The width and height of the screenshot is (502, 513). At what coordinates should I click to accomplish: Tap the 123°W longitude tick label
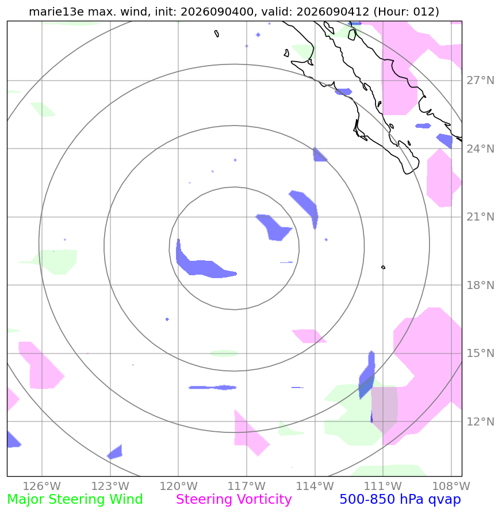[x=110, y=486]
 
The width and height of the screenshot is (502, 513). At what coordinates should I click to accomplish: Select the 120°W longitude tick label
[x=178, y=486]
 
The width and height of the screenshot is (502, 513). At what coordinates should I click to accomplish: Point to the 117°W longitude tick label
[x=247, y=486]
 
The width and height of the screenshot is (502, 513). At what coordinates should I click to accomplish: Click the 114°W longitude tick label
[x=315, y=486]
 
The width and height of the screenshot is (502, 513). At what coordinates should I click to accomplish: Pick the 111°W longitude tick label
[x=383, y=486]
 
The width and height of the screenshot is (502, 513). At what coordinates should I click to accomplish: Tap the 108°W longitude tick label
[x=451, y=486]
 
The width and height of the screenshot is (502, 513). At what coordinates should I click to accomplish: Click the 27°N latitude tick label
[x=480, y=80]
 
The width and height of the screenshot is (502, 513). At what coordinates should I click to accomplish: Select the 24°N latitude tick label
[x=480, y=149]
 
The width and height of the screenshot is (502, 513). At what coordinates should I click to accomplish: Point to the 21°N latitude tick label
[x=480, y=216]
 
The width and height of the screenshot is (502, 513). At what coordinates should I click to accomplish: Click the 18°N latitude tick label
[x=480, y=285]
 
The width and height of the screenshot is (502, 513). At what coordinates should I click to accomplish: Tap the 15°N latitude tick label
[x=480, y=353]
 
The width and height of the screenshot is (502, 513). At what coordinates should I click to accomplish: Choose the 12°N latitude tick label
[x=480, y=421]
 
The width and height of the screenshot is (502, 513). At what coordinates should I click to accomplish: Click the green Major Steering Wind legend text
[x=75, y=500]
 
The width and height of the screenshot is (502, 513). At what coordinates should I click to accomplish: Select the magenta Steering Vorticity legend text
[x=233, y=500]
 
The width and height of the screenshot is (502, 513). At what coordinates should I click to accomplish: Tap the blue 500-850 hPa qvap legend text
[x=400, y=500]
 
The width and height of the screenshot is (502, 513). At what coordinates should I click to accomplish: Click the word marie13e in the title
[x=56, y=12]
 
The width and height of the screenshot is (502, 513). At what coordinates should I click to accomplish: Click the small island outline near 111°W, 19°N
[x=384, y=267]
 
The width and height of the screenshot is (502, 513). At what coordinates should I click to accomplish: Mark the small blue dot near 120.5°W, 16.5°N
[x=167, y=320]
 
